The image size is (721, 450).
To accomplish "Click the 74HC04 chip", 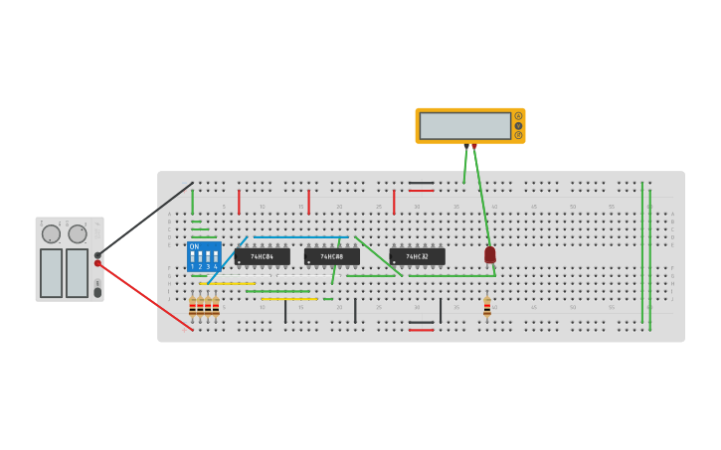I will pyautogui.click(x=263, y=256).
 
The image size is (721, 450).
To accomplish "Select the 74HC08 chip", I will pyautogui.click(x=332, y=256).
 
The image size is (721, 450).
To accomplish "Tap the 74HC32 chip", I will pyautogui.click(x=417, y=256).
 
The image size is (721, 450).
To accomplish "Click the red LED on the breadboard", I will pyautogui.click(x=490, y=254).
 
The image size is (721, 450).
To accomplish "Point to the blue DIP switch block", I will pyautogui.click(x=204, y=257).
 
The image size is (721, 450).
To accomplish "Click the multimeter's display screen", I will pyautogui.click(x=464, y=126).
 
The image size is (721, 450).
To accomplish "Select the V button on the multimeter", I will pyautogui.click(x=518, y=125).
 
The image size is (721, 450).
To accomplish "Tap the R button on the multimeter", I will pyautogui.click(x=518, y=134).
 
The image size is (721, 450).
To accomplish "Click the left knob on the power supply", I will pyautogui.click(x=51, y=233).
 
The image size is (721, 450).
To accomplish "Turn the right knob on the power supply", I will pyautogui.click(x=78, y=233).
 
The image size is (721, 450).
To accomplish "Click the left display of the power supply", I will pyautogui.click(x=51, y=272).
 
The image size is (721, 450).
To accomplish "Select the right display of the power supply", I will pyautogui.click(x=77, y=272).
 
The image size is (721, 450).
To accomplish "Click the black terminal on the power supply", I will pyautogui.click(x=97, y=255).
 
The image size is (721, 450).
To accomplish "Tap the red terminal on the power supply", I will pyautogui.click(x=97, y=263).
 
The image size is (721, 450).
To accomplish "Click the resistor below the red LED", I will pyautogui.click(x=487, y=307).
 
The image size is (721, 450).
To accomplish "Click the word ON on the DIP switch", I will pyautogui.click(x=194, y=246).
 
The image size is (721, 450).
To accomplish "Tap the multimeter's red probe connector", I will pyautogui.click(x=474, y=146).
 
